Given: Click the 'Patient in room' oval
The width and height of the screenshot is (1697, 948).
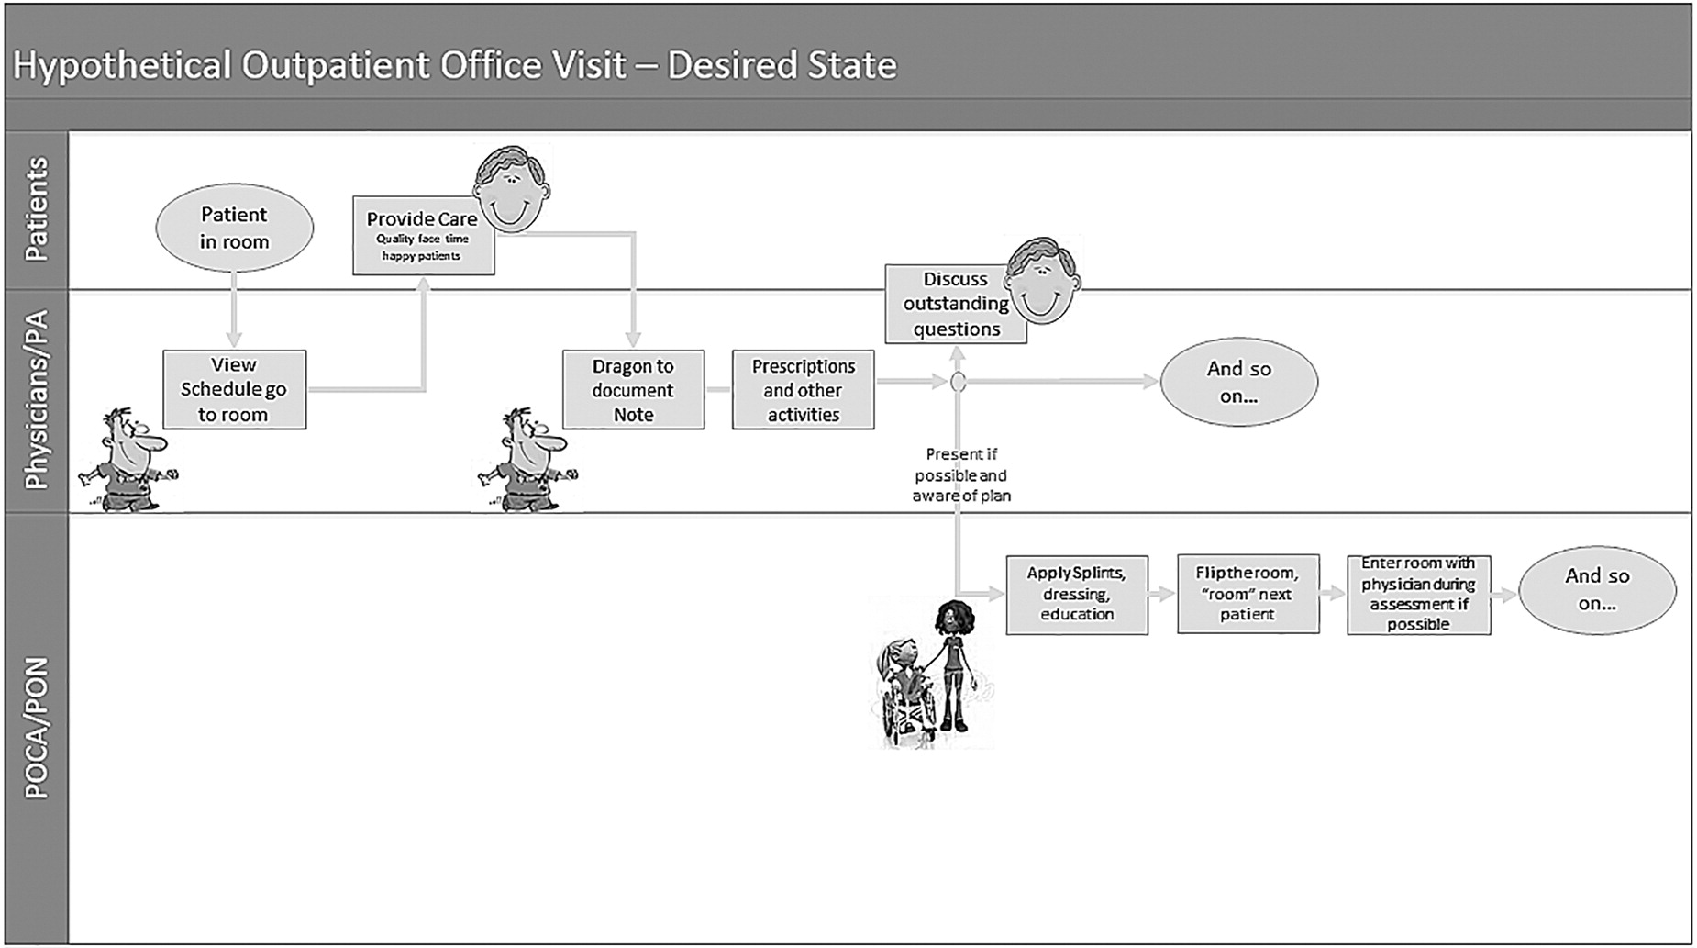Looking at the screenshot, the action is point(234,228).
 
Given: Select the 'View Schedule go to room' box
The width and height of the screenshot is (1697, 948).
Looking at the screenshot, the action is point(234,389).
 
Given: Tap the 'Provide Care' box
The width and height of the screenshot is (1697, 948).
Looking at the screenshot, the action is point(423,235).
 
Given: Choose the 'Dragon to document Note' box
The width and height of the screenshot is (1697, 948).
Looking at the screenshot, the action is point(633,389).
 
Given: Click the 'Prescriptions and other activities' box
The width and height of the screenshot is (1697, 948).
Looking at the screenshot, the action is point(803,389).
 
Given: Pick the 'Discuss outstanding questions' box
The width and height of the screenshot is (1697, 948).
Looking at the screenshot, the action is point(955,304).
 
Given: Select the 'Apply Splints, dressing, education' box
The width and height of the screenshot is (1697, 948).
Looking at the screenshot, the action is point(1077,594).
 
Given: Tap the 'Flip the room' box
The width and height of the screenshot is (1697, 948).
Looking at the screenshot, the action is point(1248,594).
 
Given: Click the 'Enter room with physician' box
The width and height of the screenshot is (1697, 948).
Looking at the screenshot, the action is point(1418,594).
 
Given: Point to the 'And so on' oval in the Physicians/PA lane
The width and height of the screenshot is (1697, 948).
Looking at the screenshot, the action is point(1238,382).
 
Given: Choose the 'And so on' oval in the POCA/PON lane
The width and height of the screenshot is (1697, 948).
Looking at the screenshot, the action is point(1597,589).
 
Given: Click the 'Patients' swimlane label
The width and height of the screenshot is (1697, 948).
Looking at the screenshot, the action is point(37,209).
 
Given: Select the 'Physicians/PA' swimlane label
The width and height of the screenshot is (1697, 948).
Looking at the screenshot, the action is point(37,400).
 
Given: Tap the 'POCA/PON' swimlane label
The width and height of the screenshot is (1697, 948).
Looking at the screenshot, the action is point(37,728).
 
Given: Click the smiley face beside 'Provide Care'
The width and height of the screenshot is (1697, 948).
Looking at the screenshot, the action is point(512,188).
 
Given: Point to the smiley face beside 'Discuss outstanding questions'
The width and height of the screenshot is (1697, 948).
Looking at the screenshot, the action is point(1042,280).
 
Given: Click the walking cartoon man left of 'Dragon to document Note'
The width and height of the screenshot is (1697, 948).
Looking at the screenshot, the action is point(527,459).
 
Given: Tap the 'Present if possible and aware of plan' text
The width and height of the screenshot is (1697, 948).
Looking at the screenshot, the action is point(961,474).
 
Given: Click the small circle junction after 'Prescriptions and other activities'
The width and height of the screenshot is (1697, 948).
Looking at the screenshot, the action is point(958,383).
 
